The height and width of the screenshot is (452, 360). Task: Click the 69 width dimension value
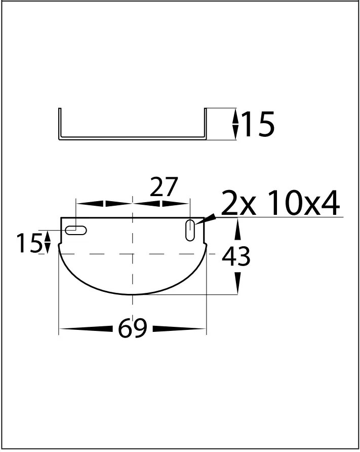(133, 329)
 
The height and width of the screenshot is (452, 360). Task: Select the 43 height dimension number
(236, 257)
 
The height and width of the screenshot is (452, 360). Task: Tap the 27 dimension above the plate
(164, 188)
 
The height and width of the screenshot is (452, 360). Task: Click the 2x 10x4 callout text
(281, 204)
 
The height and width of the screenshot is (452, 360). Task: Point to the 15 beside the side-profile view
(258, 125)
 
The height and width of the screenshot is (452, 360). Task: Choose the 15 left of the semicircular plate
(28, 244)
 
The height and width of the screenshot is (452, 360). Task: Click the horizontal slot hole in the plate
(76, 230)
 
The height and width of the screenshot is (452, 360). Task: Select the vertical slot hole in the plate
(191, 230)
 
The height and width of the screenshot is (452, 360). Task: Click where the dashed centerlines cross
(133, 253)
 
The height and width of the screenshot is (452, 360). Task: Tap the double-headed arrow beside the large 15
(235, 125)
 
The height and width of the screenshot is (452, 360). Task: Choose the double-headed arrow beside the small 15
(48, 242)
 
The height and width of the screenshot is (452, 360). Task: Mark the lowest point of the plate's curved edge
(133, 294)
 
